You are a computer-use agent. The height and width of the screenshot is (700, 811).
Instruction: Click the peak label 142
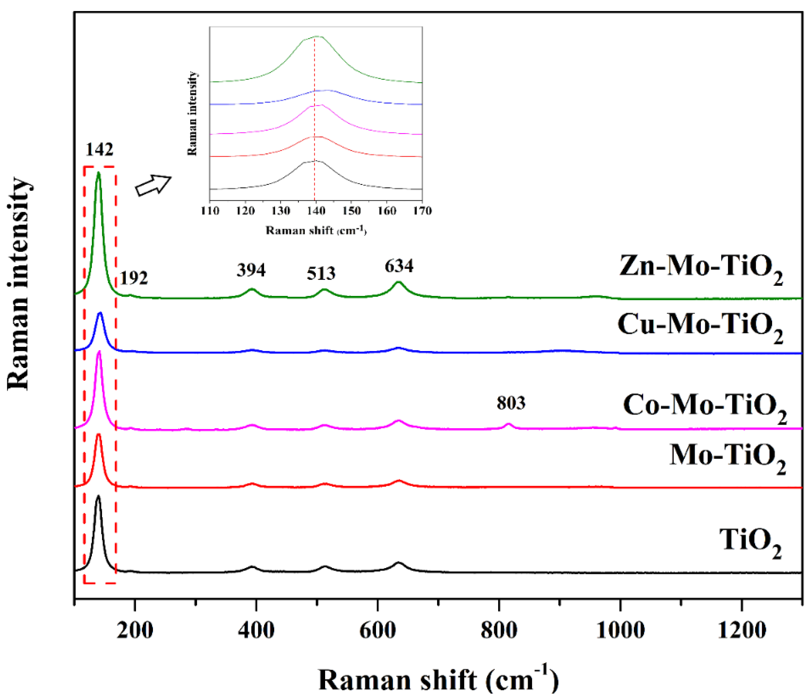[x=99, y=149]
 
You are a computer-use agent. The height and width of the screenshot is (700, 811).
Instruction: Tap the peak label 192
[x=134, y=278]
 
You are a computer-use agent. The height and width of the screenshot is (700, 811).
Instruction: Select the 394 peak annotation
[x=251, y=270]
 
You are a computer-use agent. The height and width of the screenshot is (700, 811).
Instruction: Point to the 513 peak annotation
[x=321, y=274]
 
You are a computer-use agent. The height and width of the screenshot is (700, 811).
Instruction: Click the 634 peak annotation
[x=399, y=266]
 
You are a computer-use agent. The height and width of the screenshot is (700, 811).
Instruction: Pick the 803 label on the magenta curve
[x=511, y=403]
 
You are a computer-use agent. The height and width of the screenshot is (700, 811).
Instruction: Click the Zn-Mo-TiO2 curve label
[x=701, y=268]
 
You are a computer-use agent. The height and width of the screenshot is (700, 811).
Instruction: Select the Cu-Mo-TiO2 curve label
[x=700, y=326]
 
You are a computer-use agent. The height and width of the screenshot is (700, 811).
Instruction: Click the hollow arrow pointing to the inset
[x=153, y=185]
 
